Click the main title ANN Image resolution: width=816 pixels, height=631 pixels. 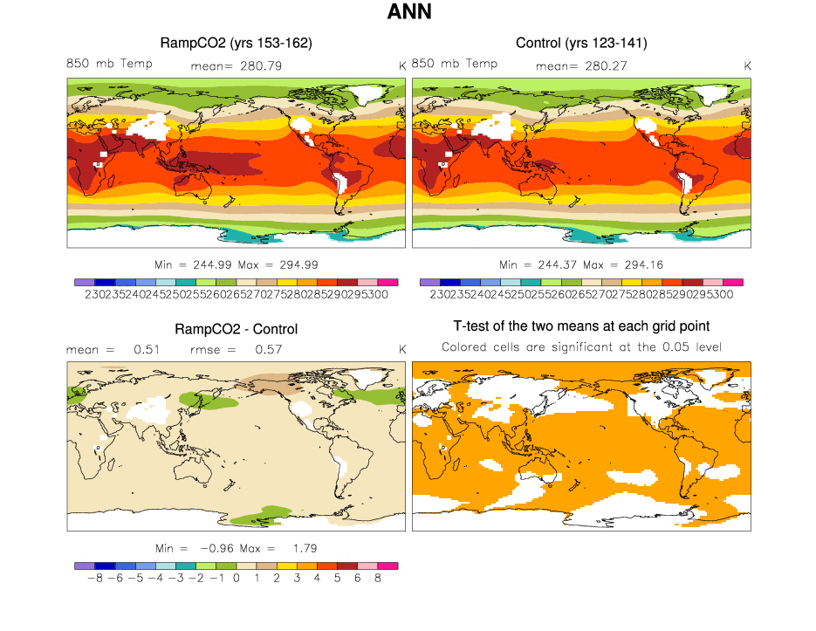tap(408, 12)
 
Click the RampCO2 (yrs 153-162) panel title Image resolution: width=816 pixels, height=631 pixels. tap(236, 43)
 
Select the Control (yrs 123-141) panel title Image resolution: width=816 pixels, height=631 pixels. tap(581, 43)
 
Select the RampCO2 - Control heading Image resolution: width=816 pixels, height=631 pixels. tap(236, 329)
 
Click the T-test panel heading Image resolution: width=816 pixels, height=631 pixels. tap(581, 326)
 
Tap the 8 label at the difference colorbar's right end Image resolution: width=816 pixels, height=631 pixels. tap(378, 578)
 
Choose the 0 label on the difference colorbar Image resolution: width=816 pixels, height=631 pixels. tap(237, 578)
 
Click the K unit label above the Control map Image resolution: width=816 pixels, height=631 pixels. tap(748, 65)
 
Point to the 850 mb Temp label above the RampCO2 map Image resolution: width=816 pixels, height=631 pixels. tap(109, 64)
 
